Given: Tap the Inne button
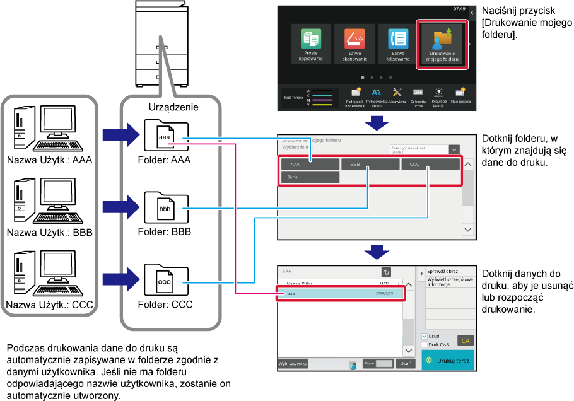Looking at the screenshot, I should tap(310, 178).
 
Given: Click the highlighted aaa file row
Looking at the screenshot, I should tap(339, 294).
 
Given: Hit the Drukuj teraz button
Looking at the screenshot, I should tap(447, 360).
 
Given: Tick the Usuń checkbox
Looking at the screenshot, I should tap(425, 337).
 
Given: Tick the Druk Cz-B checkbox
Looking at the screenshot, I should tap(425, 344).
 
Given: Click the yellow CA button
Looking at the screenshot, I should tap(466, 340).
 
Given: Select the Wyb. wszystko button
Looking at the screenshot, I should tap(293, 364).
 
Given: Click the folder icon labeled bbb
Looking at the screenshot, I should tap(165, 208).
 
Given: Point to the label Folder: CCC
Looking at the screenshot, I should tap(165, 305).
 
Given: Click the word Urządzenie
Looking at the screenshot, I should tap(173, 107).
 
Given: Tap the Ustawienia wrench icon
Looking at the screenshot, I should tap(397, 93).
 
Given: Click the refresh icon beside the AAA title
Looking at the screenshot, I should tap(386, 272).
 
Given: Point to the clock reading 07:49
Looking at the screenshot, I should tap(459, 9).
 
